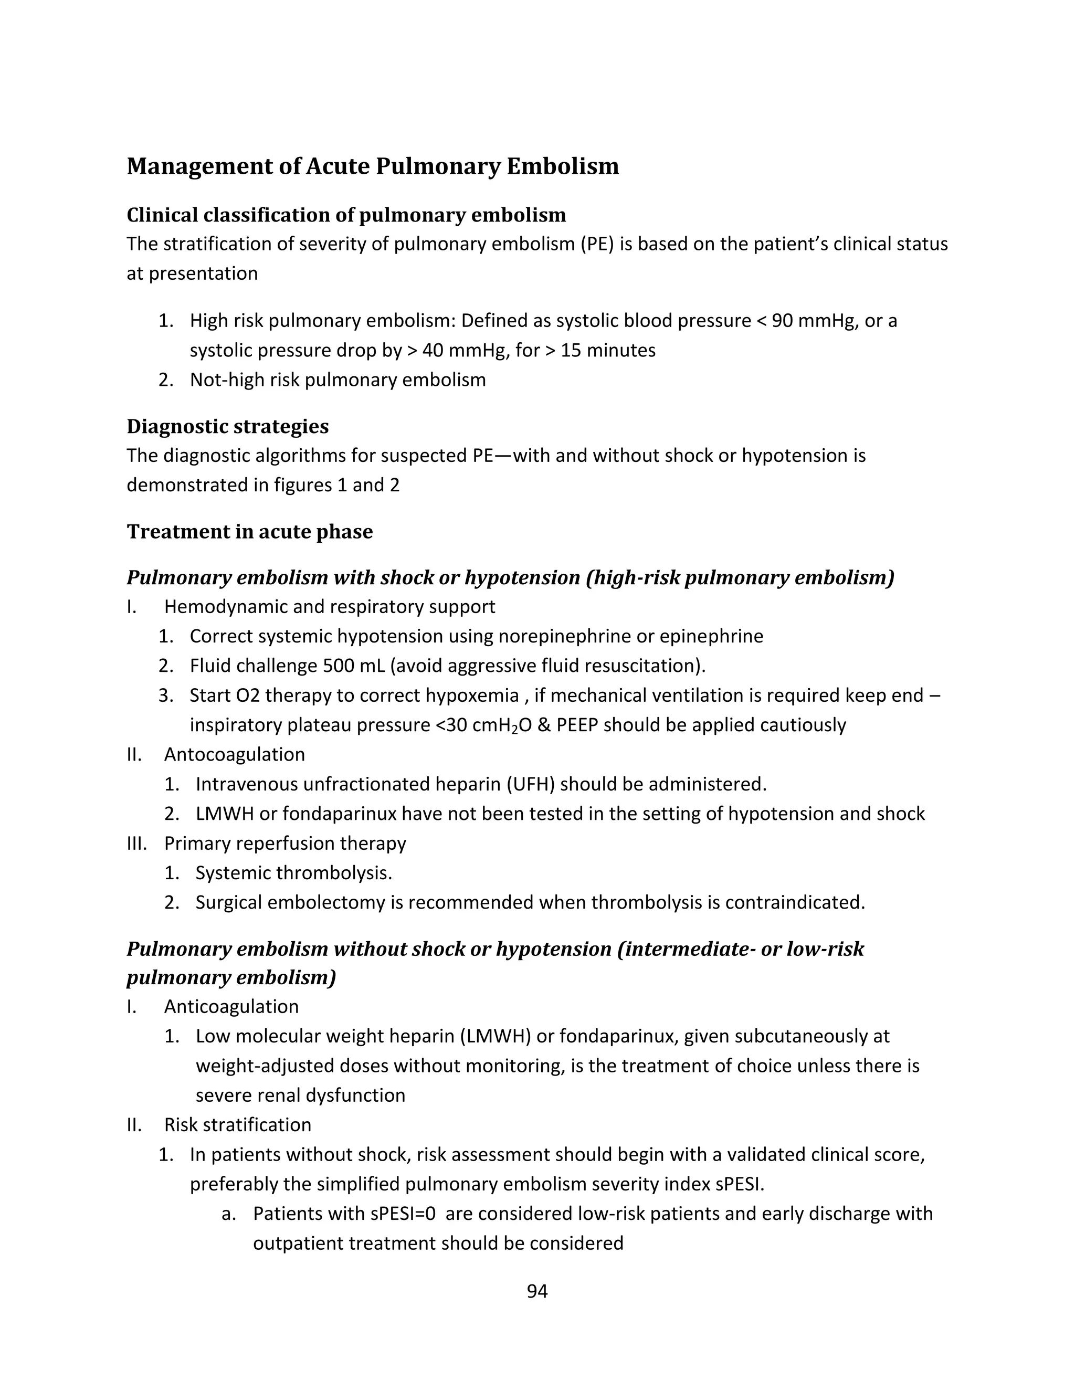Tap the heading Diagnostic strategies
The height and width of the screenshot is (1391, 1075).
click(227, 426)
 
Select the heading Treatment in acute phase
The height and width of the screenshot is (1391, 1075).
click(250, 531)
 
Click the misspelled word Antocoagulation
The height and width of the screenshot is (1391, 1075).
click(234, 754)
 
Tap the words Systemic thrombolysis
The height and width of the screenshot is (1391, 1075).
click(293, 872)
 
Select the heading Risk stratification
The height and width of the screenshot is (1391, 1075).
click(238, 1124)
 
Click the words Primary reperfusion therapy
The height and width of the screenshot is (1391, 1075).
click(284, 844)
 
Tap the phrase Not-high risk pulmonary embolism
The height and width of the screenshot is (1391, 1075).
click(338, 380)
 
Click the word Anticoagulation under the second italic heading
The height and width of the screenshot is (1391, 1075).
click(231, 1006)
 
